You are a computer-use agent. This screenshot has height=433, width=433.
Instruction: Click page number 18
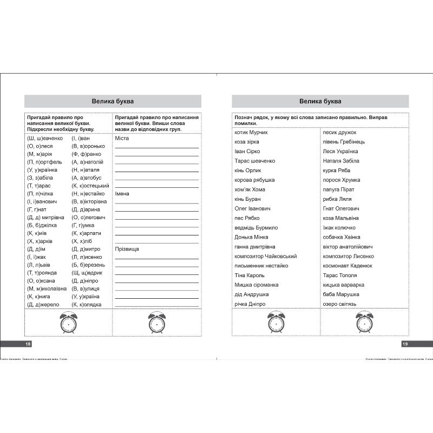click(29, 344)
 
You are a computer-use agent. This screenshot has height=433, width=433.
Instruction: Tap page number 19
click(404, 344)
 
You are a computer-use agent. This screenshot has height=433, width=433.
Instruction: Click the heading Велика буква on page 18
click(113, 101)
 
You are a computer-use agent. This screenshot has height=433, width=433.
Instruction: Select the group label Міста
click(121, 138)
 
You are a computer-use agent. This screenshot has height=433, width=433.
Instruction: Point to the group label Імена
click(122, 193)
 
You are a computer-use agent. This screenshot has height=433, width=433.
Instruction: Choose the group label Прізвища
click(127, 248)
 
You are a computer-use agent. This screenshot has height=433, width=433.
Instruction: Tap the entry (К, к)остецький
click(90, 186)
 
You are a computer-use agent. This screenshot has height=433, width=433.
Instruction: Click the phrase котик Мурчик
click(251, 132)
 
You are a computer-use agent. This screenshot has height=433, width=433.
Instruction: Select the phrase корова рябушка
click(254, 180)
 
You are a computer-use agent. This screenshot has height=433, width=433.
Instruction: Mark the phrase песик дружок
click(339, 132)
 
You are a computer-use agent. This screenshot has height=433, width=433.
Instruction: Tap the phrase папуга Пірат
click(338, 189)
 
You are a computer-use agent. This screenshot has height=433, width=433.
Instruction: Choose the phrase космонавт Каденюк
click(347, 265)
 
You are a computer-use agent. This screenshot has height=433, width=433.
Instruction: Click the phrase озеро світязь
click(339, 304)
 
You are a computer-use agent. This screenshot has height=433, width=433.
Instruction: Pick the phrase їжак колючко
click(339, 227)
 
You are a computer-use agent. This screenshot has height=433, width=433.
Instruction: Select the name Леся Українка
click(340, 151)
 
